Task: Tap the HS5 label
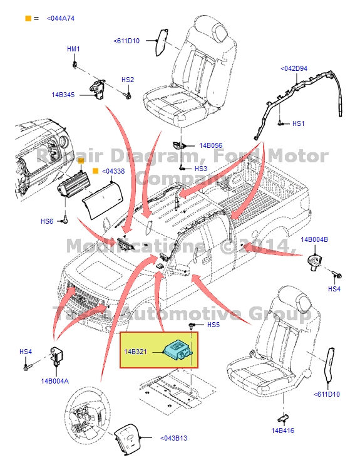click(x=213, y=325)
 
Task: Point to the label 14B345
click(x=63, y=95)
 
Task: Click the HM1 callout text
click(x=73, y=49)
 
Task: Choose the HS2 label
click(x=127, y=80)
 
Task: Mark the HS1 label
click(x=298, y=124)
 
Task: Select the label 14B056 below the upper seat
click(x=211, y=145)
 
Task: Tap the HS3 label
click(x=200, y=169)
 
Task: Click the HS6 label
click(x=47, y=221)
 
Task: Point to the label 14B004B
click(x=314, y=240)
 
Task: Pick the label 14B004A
click(x=55, y=380)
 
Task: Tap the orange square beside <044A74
click(x=28, y=19)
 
